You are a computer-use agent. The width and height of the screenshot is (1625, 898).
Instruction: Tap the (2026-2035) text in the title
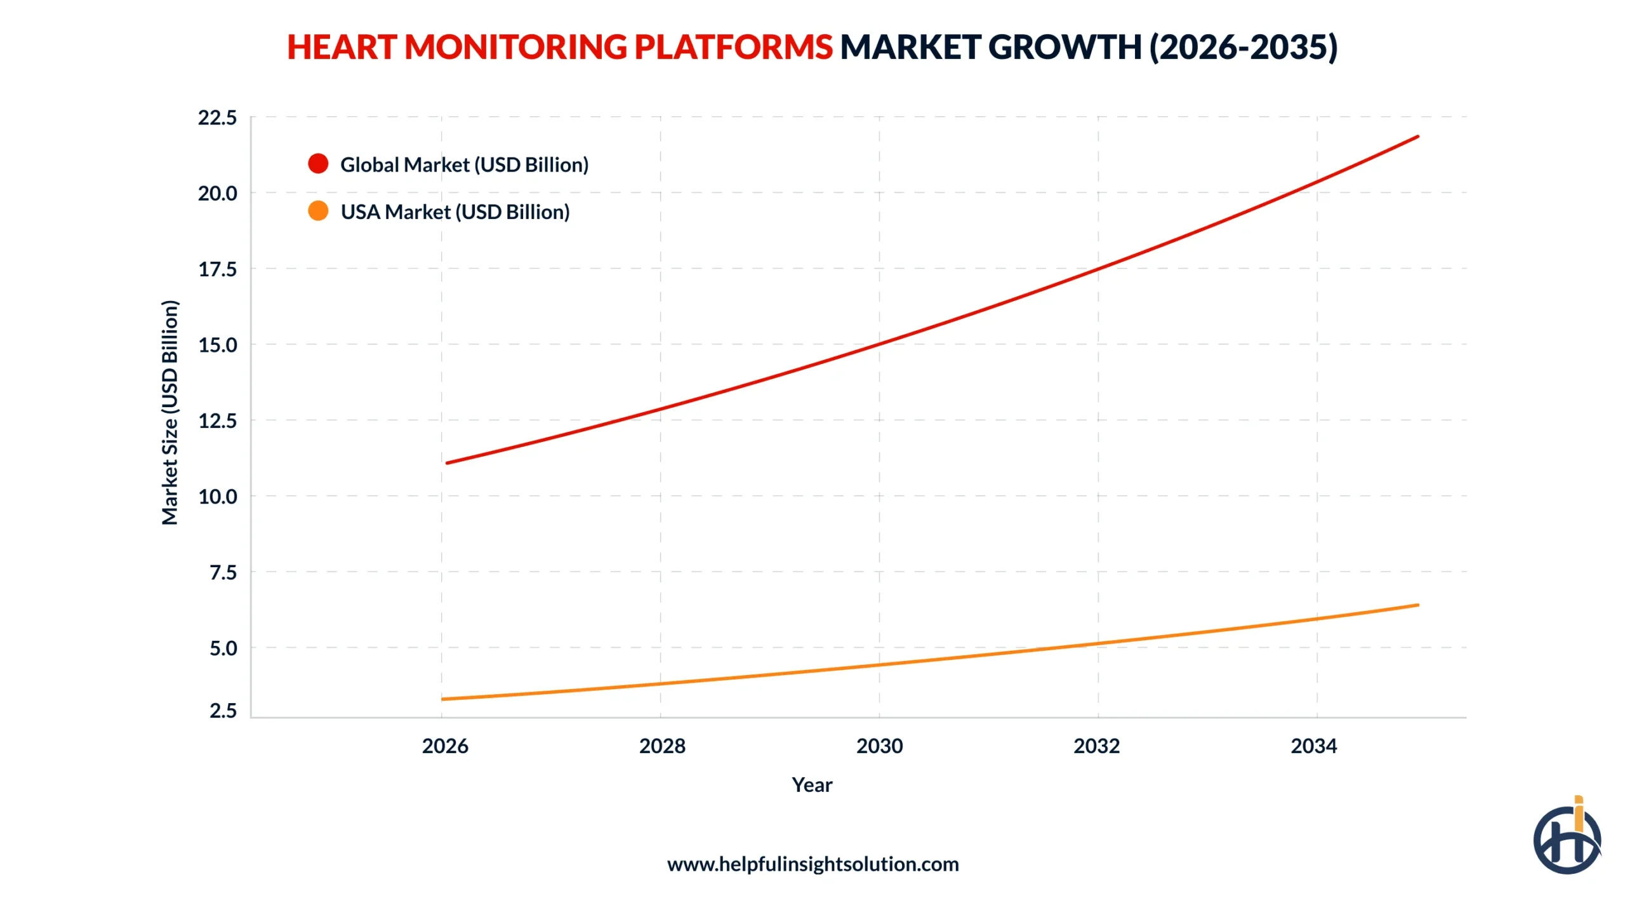tap(1244, 47)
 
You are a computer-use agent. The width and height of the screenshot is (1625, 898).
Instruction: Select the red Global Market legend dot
tap(318, 164)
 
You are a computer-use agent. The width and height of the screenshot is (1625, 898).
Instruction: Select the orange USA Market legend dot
tap(318, 211)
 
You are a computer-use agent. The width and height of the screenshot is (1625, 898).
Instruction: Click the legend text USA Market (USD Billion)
tap(454, 211)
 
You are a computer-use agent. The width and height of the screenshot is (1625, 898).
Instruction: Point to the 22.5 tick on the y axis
tap(217, 117)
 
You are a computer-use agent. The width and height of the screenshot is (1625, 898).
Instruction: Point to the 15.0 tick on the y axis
tap(217, 345)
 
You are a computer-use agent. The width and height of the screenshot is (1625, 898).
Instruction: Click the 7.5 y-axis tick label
tap(223, 572)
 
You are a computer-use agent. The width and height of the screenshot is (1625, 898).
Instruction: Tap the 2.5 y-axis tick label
tap(223, 710)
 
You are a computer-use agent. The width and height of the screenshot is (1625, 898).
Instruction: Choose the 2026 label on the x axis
tap(444, 745)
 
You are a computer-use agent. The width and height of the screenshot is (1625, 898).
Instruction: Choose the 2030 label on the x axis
tap(879, 745)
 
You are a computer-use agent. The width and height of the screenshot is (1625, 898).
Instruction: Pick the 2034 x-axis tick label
tap(1313, 745)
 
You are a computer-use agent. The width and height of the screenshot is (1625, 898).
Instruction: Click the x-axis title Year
tap(812, 784)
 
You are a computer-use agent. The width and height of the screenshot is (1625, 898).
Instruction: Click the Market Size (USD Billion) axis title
tap(169, 412)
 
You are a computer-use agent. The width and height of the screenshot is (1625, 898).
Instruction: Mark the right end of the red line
tap(1417, 137)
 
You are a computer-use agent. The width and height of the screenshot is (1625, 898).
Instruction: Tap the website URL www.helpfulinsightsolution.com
tap(812, 864)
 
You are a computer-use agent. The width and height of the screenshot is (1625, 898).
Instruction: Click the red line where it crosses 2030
tap(879, 344)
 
